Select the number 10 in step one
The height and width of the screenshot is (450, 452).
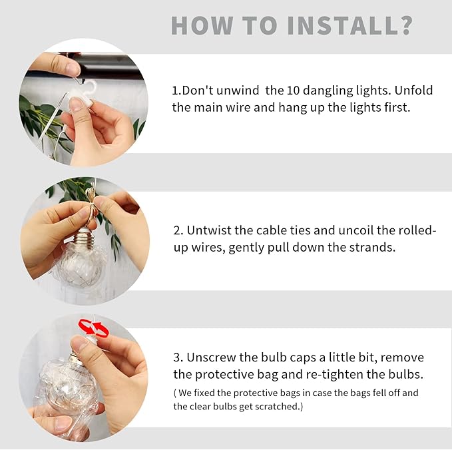(296, 91)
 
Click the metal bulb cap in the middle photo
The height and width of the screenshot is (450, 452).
(85, 237)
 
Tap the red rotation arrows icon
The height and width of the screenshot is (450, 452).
(93, 328)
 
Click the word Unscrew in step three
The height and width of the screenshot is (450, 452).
(213, 357)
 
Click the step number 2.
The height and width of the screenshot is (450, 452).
(176, 231)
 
